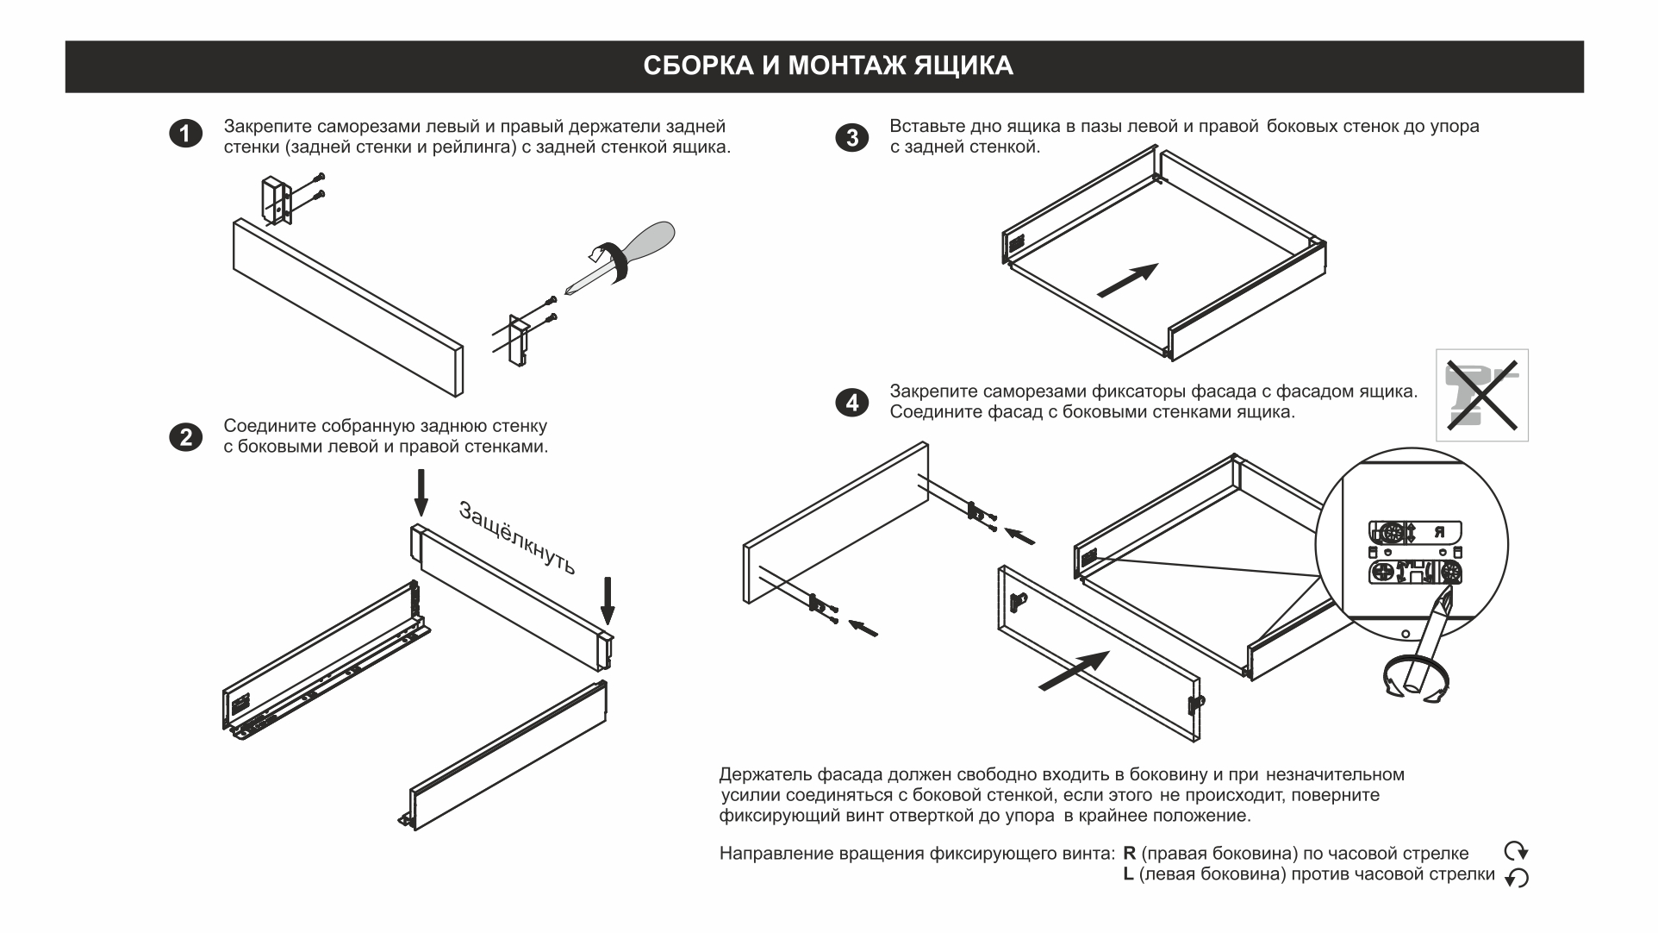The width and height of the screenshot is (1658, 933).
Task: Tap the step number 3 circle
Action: point(852,137)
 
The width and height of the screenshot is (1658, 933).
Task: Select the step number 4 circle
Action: point(852,403)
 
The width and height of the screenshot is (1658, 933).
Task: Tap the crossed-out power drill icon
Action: point(1481,395)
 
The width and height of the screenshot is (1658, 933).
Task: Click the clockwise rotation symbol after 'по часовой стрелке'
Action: point(1516,851)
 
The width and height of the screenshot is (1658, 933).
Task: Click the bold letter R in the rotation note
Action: point(1130,854)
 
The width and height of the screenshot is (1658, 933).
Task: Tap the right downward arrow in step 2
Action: point(608,600)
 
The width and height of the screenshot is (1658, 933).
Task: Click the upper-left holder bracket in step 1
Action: point(276,201)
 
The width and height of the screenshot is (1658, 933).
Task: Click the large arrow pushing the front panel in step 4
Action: point(1074,671)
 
